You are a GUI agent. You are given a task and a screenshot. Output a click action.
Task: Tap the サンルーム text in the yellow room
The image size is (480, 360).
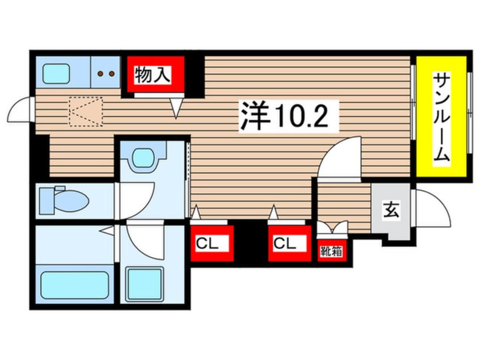[x=443, y=118]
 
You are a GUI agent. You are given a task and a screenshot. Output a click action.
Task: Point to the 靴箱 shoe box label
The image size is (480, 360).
[x=330, y=250]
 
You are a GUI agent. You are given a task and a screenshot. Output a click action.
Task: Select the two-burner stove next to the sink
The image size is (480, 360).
[x=105, y=73]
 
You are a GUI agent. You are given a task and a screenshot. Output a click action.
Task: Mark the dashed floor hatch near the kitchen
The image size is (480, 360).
[x=86, y=111]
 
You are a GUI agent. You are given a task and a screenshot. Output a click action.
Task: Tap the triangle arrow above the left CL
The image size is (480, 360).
[x=196, y=212]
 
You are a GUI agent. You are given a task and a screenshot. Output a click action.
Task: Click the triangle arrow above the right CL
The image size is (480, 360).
[x=274, y=212]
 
